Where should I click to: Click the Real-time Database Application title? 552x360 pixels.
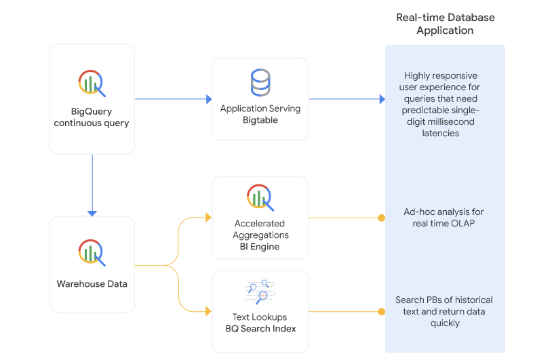point(445,24)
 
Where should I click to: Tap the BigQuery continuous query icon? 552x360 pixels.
point(92,83)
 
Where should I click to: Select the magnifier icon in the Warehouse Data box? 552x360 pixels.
point(92,252)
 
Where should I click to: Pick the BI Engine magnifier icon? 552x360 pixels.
point(260,198)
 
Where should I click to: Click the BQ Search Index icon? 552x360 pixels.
point(260,292)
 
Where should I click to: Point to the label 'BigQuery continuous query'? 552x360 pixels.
point(92,117)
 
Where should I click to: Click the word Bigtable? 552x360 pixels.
point(260,120)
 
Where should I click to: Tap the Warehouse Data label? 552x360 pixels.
point(92,283)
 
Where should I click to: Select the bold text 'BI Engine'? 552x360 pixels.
point(260,247)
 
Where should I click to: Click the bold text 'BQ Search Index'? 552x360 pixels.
point(260,328)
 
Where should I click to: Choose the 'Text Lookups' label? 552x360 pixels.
point(260,317)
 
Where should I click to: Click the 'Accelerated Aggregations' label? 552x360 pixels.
point(260,229)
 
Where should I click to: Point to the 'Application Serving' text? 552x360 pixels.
point(260,108)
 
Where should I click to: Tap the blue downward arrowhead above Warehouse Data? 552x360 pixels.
point(92,213)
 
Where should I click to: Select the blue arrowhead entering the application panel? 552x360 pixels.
point(382,99)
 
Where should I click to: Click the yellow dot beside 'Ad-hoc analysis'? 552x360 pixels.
point(381,218)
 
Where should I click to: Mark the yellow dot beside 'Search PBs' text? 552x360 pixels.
point(381,311)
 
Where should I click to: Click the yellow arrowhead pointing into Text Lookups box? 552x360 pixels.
point(208,311)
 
